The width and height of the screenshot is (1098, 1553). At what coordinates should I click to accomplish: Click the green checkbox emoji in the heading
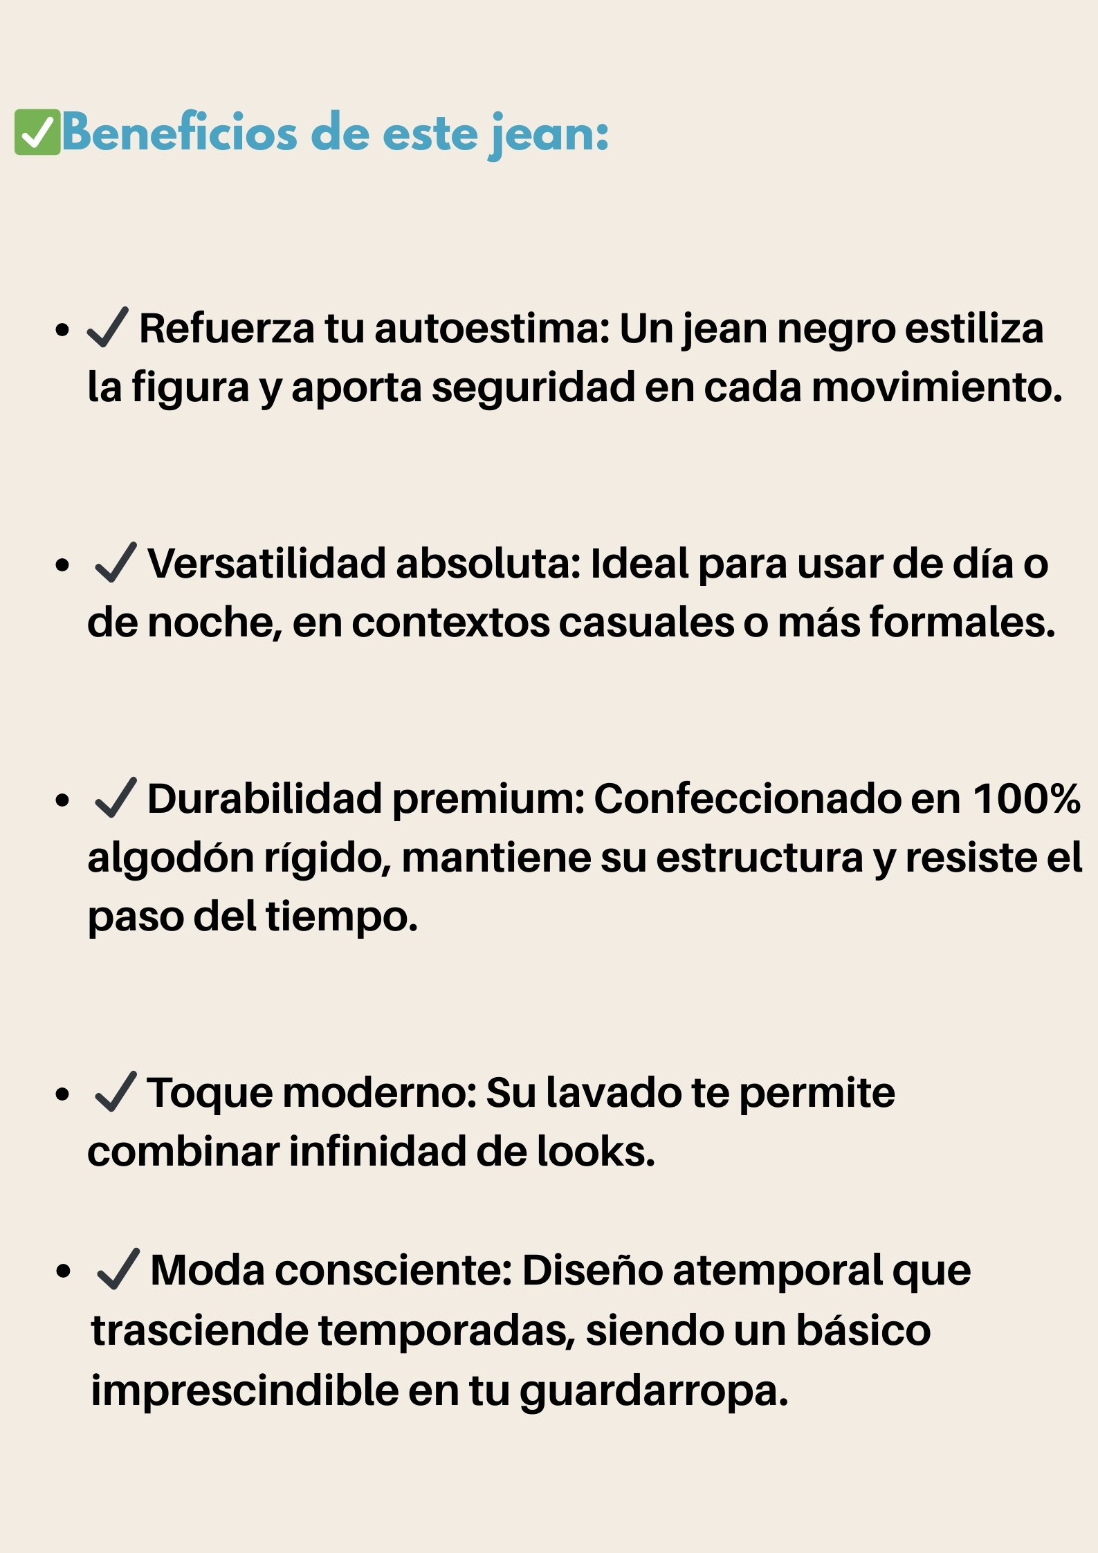click(x=37, y=132)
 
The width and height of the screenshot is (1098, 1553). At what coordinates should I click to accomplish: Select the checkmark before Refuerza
click(x=107, y=327)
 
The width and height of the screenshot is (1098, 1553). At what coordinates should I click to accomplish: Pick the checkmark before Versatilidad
click(x=116, y=562)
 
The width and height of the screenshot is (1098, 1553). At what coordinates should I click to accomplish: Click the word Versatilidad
click(x=266, y=563)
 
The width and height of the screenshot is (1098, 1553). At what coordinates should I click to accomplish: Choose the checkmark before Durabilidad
click(x=116, y=798)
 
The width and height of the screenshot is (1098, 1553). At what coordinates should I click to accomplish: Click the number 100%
click(x=1027, y=798)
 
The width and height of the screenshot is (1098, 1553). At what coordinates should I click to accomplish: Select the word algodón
click(x=170, y=858)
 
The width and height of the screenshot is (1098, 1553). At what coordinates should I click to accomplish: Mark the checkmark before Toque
click(x=116, y=1092)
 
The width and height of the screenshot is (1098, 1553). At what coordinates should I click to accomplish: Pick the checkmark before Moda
click(x=118, y=1269)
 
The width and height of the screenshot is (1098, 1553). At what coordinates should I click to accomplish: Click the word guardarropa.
click(x=654, y=1390)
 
